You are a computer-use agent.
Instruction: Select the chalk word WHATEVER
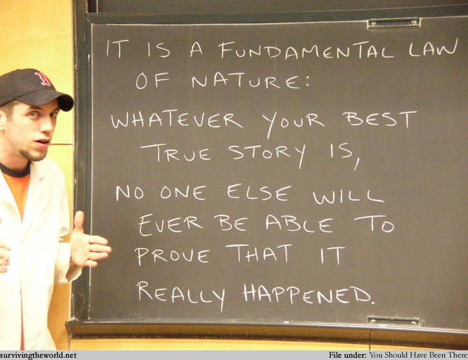pos(177,120)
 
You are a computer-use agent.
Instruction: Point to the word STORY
pos(268,154)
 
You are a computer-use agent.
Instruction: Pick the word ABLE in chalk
pos(299,224)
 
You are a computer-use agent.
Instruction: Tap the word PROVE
pos(173,256)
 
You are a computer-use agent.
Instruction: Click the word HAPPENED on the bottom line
pos(308,294)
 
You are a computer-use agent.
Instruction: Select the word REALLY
pos(181,294)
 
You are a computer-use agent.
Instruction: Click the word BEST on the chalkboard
pos(379,119)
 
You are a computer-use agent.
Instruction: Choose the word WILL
pos(348,196)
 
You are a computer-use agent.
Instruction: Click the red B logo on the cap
pos(43,78)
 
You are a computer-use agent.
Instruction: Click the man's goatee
pos(33,154)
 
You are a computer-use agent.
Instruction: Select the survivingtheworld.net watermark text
pos(38,355)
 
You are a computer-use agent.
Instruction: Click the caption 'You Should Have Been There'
pos(418,355)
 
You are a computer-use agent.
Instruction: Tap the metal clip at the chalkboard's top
pos(394,23)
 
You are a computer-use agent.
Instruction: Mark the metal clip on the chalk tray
pos(393,321)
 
